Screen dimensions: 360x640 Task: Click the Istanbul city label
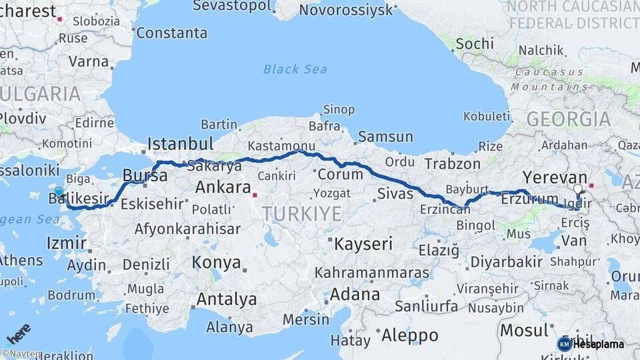[180, 143]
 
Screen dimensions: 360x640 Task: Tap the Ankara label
[223, 187]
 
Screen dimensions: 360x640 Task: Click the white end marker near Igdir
[578, 189]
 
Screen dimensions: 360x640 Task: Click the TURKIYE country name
[301, 214]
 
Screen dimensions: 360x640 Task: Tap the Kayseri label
[363, 243]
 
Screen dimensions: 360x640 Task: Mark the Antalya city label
[226, 299]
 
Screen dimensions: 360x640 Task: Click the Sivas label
[395, 194]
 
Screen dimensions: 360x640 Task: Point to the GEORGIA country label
[568, 119]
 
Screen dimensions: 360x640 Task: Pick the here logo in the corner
[18, 333]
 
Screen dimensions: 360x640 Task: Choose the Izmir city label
[67, 243]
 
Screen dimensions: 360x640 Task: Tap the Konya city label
[217, 263]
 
